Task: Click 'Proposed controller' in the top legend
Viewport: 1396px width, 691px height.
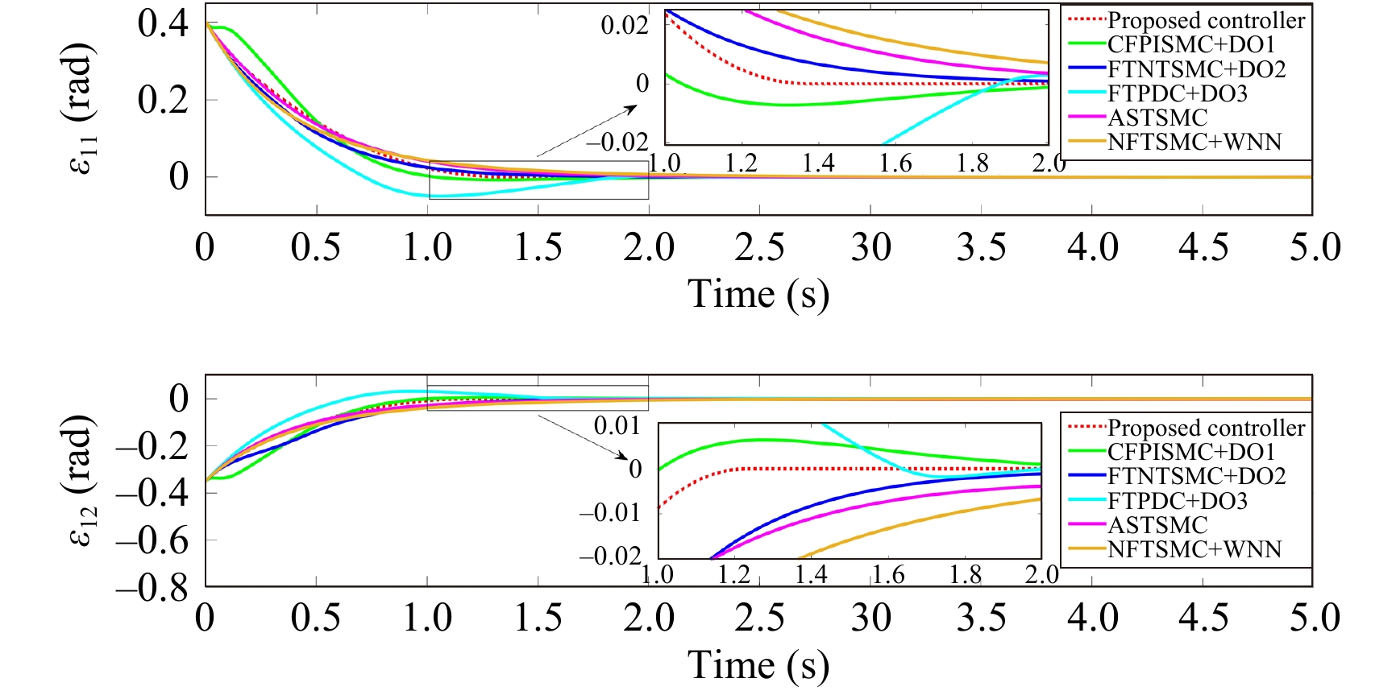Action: [1206, 20]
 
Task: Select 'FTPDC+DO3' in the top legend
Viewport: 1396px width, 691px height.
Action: [1177, 93]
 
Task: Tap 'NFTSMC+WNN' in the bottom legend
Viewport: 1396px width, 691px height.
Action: [1194, 549]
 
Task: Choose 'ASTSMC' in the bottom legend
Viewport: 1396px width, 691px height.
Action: [1157, 525]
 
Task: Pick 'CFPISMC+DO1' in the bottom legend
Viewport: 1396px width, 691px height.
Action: [1190, 452]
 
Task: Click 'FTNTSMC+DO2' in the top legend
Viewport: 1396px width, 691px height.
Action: [1196, 69]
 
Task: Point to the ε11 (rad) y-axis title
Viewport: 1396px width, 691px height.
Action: [81, 110]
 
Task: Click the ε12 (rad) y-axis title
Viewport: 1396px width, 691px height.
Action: [81, 481]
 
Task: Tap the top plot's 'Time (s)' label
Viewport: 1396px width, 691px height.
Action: [758, 294]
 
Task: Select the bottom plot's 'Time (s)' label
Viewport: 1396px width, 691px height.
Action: [758, 665]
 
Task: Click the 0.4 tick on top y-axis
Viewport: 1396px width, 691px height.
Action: [163, 23]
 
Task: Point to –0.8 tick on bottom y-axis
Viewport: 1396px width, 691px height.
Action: [152, 586]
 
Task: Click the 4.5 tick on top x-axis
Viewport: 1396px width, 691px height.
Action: [1203, 247]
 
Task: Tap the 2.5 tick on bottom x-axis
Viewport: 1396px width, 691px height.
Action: [759, 618]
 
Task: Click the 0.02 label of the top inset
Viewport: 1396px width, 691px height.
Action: [625, 25]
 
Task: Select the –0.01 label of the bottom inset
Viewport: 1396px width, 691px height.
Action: [610, 512]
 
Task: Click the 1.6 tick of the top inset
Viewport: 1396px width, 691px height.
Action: [895, 163]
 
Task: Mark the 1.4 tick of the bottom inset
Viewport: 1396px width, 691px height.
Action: [810, 574]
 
